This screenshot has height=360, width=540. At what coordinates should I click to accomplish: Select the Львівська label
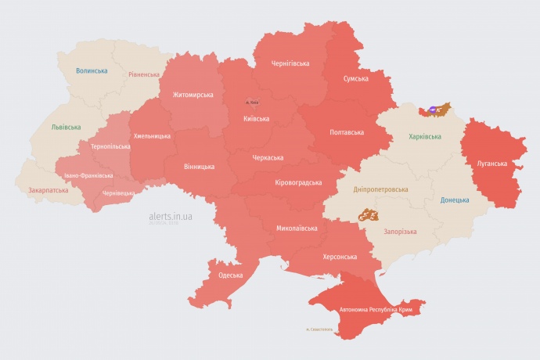(x=66, y=127)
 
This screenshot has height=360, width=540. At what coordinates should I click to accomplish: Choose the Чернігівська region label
(x=290, y=63)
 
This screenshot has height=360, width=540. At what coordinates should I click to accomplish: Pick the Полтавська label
(x=345, y=131)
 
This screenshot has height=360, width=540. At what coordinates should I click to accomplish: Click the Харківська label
(x=424, y=137)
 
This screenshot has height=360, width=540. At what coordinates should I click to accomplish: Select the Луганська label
(x=491, y=164)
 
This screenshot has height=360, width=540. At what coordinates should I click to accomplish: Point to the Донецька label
(x=455, y=200)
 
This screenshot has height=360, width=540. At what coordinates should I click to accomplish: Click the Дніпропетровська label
(x=380, y=189)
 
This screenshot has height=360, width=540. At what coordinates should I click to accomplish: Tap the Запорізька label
(x=400, y=232)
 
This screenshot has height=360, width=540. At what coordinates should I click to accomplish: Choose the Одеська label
(x=230, y=275)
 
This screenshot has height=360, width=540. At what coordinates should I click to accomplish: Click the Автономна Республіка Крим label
(x=376, y=310)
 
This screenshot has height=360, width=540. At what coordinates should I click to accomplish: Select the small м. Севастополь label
(x=319, y=329)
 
